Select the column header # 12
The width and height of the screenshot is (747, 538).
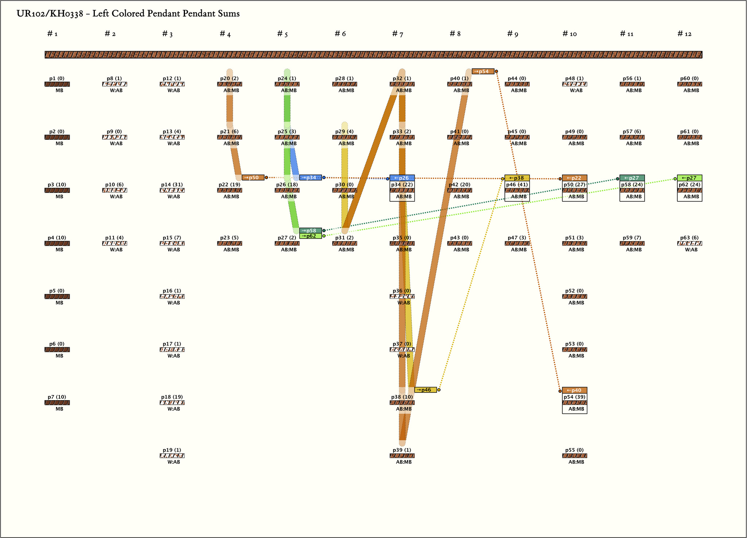point(684,34)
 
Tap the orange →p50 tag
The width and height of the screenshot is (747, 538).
point(253,178)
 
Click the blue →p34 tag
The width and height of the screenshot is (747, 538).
point(310,178)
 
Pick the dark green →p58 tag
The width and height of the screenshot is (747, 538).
point(310,231)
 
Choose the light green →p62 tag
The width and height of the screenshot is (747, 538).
point(310,236)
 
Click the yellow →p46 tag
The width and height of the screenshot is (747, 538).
point(425,390)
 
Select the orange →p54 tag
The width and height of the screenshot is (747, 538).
point(483,71)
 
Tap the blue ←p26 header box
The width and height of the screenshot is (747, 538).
point(402,178)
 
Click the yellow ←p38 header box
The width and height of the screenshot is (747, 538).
point(517,178)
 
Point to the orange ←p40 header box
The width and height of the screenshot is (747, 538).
point(574,390)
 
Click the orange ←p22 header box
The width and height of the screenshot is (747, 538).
point(574,178)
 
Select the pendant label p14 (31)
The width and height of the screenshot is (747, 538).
point(172,185)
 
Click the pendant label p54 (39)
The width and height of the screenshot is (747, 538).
point(574,397)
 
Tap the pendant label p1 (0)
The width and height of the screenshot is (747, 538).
point(57,78)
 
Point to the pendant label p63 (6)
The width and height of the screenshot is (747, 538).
point(689,238)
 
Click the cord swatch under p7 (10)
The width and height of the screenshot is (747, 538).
point(57,403)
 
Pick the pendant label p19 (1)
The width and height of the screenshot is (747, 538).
point(172,450)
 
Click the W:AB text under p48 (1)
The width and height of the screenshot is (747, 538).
point(576,90)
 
